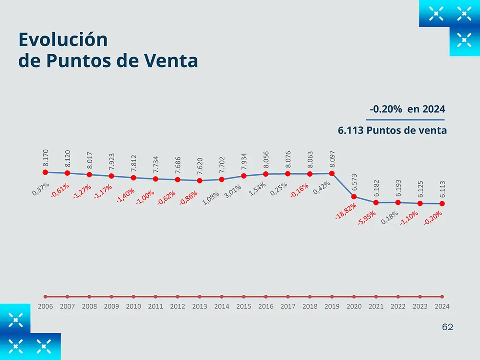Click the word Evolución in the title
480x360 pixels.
[x=62, y=40]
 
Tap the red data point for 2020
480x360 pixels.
[x=354, y=196]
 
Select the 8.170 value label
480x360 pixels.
[x=46, y=159]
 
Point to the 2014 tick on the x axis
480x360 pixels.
[x=222, y=306]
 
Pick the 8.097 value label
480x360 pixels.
[x=332, y=159]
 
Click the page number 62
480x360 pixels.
[x=447, y=327]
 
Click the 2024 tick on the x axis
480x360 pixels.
[x=442, y=306]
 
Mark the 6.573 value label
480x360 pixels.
[x=354, y=183]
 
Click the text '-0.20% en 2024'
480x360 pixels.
[x=407, y=109]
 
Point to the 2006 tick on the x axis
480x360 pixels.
[x=46, y=306]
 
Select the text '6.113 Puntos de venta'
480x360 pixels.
[x=392, y=130]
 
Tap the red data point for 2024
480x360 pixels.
[x=442, y=204]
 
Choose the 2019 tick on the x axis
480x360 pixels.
[x=332, y=306]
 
